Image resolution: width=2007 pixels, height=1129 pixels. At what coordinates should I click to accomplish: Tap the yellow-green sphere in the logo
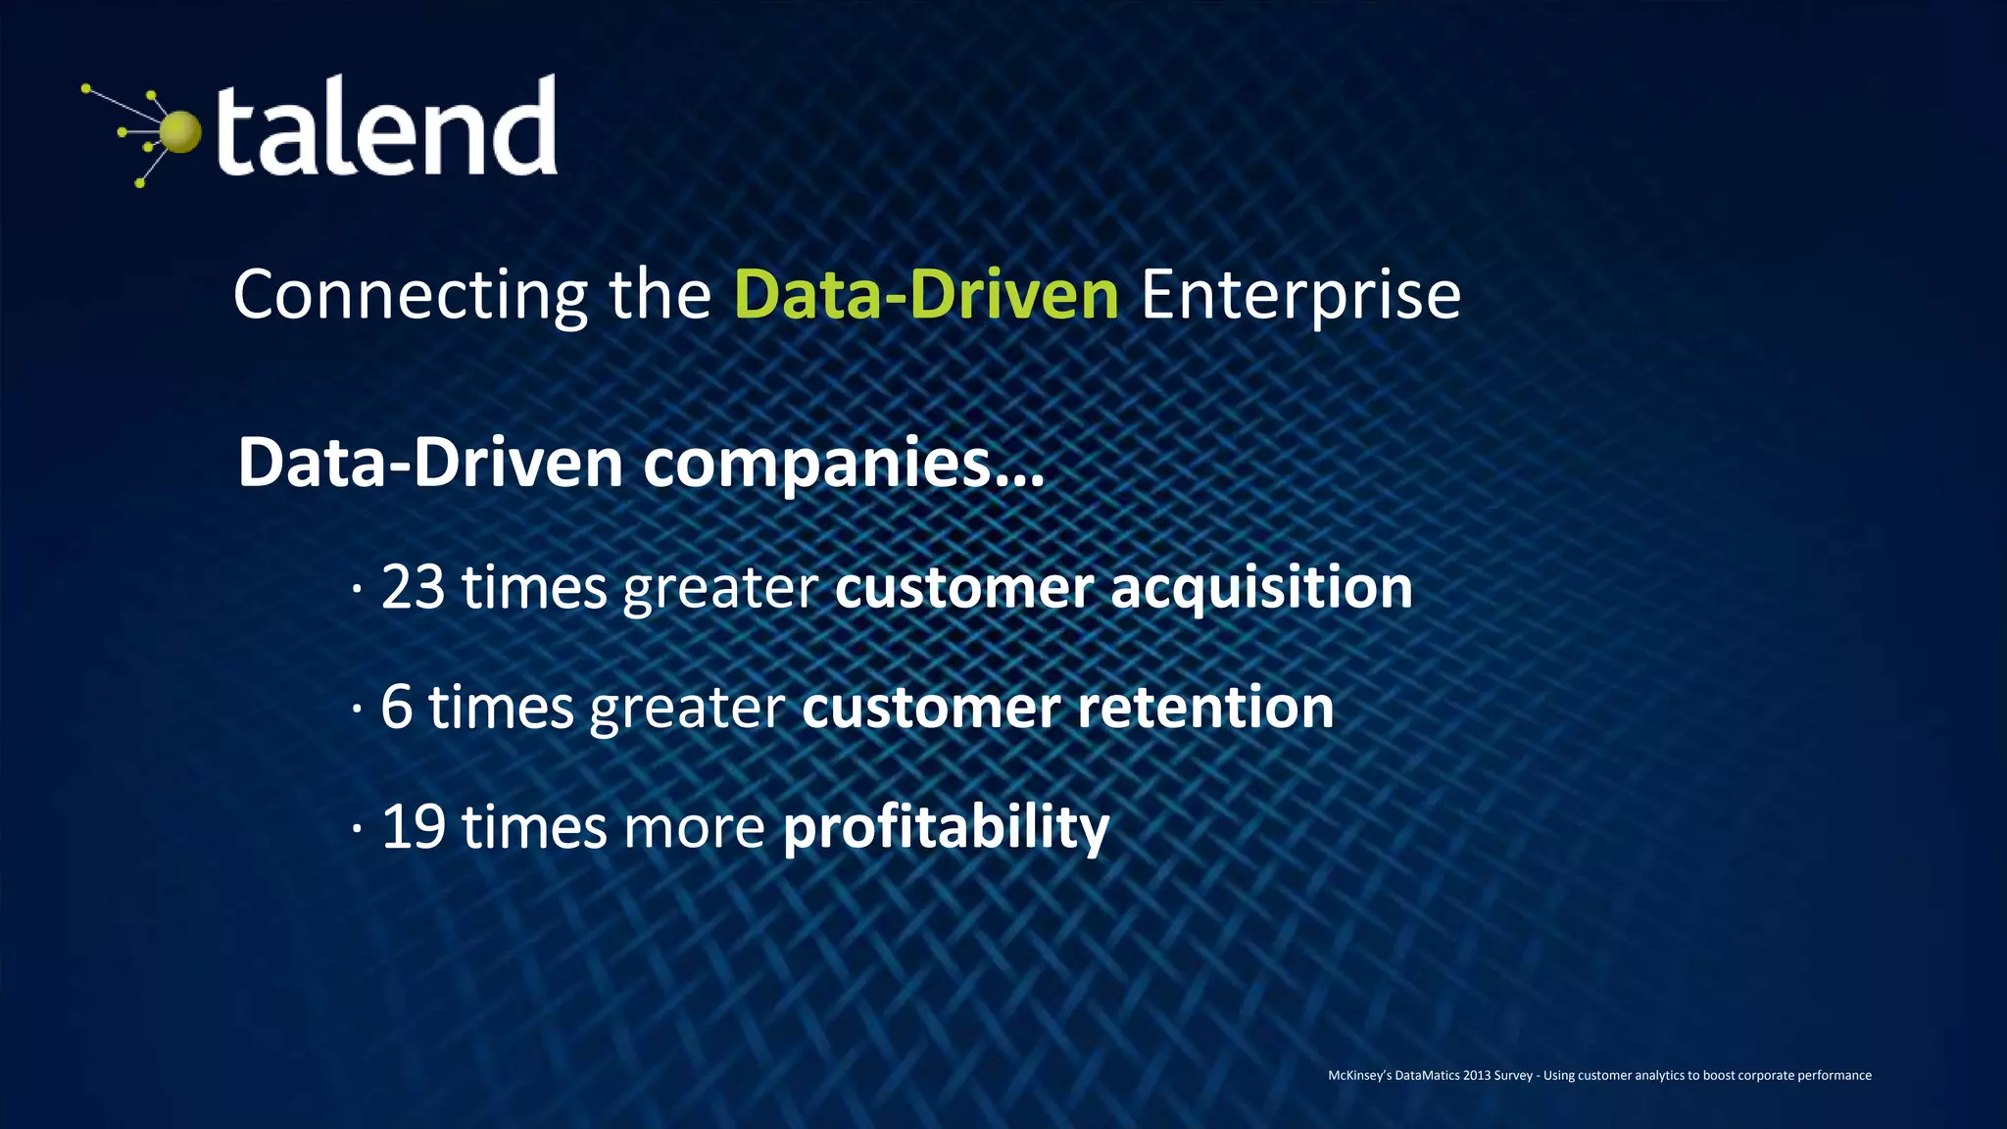180,133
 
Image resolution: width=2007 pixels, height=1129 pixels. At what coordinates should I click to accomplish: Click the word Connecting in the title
411,295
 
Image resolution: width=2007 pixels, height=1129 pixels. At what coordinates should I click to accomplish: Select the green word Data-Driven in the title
926,294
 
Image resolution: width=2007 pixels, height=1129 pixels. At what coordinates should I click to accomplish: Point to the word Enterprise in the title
1300,295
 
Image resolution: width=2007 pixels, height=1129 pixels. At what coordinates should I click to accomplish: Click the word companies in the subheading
818,464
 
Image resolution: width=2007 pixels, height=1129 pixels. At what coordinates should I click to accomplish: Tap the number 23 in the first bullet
413,587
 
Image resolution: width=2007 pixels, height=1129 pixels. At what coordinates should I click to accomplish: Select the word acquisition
1261,588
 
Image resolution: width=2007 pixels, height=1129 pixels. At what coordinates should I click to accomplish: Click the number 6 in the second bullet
396,707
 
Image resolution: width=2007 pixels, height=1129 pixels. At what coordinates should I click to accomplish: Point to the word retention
1205,707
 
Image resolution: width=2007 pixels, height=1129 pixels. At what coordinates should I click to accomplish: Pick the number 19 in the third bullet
413,826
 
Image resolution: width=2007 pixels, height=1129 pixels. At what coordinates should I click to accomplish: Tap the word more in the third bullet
694,827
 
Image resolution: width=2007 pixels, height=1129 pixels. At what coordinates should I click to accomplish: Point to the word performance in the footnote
1835,1075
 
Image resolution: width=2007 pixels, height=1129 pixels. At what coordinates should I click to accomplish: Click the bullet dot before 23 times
358,589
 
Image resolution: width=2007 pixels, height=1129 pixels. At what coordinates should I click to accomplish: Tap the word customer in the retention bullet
931,708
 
